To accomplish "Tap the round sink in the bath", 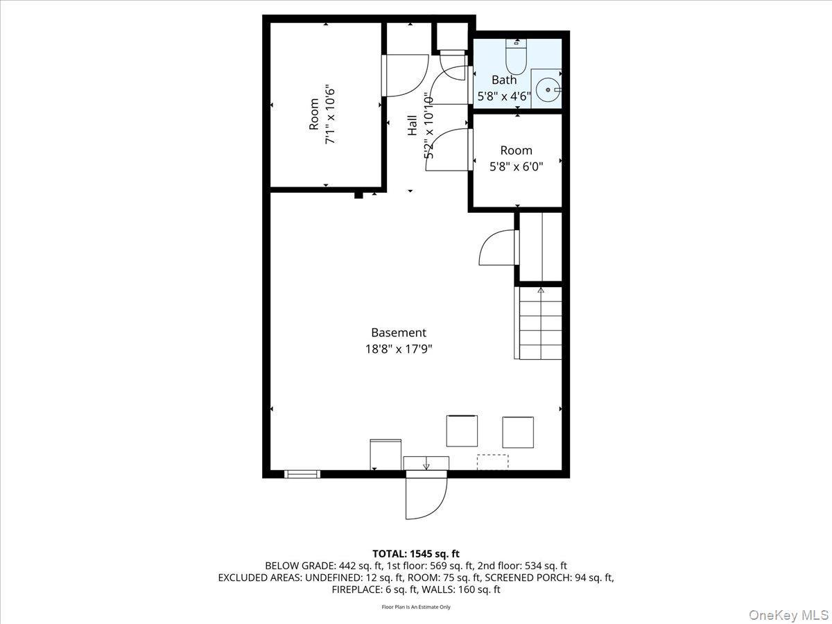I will pos(548,89).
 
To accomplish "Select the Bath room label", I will pos(504,80).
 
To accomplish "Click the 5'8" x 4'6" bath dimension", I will pos(504,96).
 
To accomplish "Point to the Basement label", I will pos(399,333).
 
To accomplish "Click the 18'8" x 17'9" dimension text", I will pos(399,349).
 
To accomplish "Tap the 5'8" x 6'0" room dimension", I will pos(517,166).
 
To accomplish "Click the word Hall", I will pos(413,125).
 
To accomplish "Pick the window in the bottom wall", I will pos(302,474).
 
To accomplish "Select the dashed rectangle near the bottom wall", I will pos(492,462).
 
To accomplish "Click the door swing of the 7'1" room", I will pos(406,75).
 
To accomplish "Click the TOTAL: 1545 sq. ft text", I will pos(415,554).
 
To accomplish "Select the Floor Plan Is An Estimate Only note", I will pos(416,607).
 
